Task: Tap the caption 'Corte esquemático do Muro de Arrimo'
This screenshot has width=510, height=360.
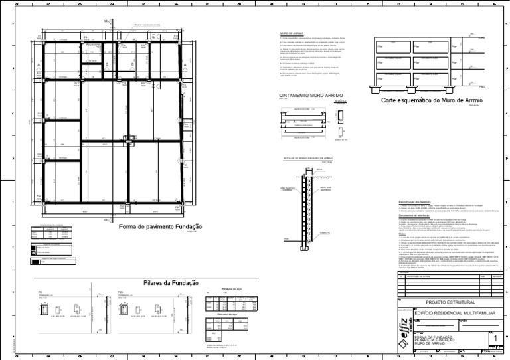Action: [432, 100]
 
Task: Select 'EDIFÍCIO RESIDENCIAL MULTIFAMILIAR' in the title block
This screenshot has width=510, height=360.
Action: [455, 311]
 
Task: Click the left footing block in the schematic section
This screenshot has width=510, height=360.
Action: [382, 88]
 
